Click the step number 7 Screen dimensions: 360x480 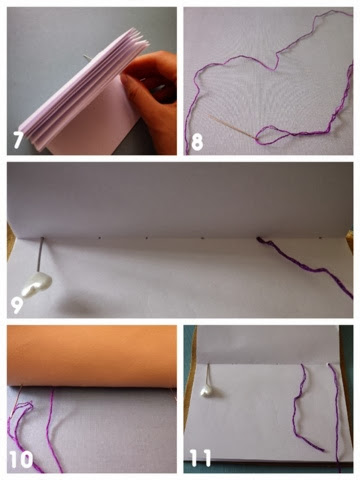18,139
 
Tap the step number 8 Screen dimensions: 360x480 197,141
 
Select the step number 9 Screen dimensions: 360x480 17,305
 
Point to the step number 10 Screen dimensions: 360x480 21,460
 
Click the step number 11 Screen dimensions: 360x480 201,458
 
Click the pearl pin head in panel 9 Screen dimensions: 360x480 36,286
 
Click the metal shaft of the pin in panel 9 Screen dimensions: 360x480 41,255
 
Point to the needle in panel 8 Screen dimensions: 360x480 232,126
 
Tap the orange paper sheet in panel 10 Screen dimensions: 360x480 92,356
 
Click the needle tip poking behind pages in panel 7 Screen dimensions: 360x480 86,57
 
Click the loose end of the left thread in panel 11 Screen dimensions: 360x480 322,450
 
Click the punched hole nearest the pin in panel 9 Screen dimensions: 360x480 99,238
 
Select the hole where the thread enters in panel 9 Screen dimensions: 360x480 258,238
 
